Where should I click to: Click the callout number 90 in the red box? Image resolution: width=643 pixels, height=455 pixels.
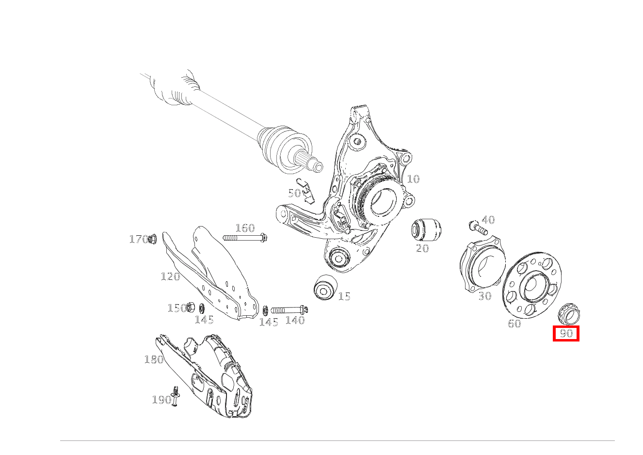566,333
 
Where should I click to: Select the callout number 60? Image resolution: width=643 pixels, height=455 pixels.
514,324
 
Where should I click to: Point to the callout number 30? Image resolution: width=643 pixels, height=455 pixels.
485,296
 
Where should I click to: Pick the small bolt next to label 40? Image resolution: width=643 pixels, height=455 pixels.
478,228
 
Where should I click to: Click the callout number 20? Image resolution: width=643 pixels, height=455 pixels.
422,248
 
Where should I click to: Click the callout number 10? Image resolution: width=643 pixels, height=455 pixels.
413,179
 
